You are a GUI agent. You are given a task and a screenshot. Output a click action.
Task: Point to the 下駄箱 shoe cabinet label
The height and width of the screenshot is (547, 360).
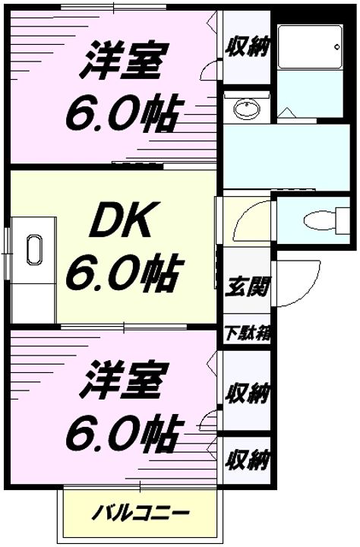coord(247,333)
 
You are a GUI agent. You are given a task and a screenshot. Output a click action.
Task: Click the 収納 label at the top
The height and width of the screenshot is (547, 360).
coord(247,48)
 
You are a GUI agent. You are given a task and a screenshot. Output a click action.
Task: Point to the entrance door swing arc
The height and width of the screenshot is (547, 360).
coord(292,281)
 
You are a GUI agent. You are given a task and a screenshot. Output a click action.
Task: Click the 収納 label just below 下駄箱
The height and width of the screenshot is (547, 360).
coord(247,393)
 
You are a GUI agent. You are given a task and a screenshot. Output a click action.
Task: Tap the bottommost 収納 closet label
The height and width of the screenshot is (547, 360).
coord(247,460)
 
